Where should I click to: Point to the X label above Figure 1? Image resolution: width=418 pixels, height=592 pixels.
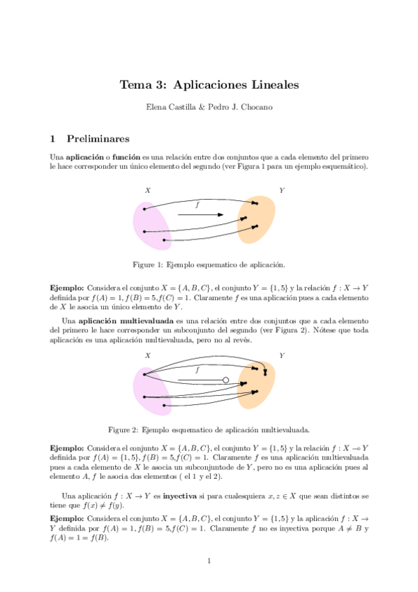(x=148, y=191)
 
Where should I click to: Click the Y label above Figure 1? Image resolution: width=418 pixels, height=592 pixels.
(x=281, y=190)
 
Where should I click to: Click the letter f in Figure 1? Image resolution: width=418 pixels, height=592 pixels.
(x=197, y=205)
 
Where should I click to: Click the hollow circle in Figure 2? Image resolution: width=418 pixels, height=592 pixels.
(x=225, y=380)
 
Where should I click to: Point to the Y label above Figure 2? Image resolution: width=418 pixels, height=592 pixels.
(x=281, y=355)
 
